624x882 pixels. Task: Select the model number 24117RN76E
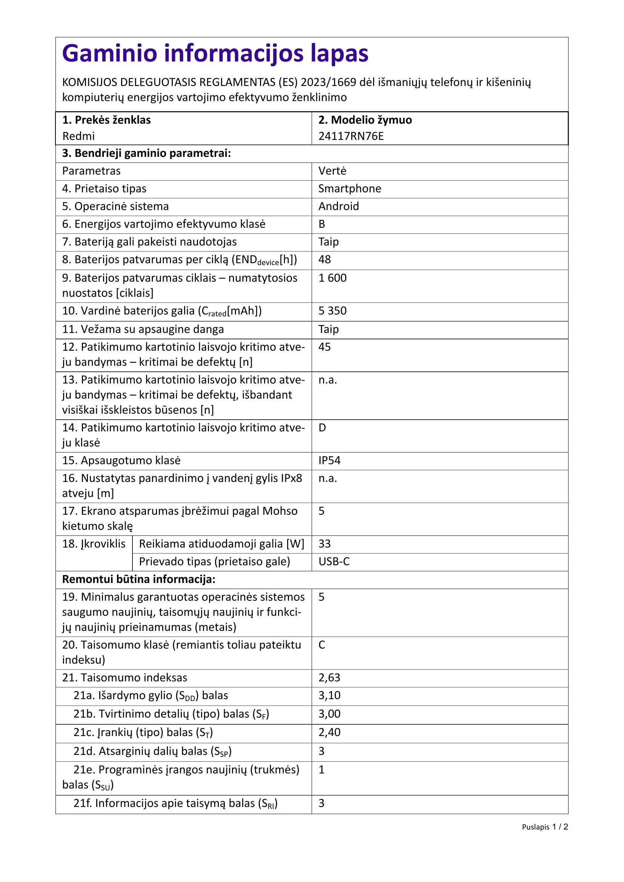point(351,136)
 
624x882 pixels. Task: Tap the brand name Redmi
point(78,136)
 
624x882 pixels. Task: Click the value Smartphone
point(350,189)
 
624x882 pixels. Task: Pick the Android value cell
point(338,206)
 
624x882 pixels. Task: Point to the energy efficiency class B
point(322,224)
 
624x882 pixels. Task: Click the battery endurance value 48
point(325,260)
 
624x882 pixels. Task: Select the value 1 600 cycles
point(332,278)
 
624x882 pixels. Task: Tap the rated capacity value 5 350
point(332,311)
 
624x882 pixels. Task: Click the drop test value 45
point(325,347)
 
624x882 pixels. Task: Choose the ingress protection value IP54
point(329,460)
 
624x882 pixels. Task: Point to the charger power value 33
point(325,544)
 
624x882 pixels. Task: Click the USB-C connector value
point(334,561)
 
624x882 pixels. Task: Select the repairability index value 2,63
point(329,677)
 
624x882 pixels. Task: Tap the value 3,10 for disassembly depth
point(329,695)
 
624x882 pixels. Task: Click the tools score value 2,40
point(329,732)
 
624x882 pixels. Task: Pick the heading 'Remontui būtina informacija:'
point(139,579)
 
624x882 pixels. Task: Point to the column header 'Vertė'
point(332,171)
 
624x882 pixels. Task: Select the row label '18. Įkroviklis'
point(94,544)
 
